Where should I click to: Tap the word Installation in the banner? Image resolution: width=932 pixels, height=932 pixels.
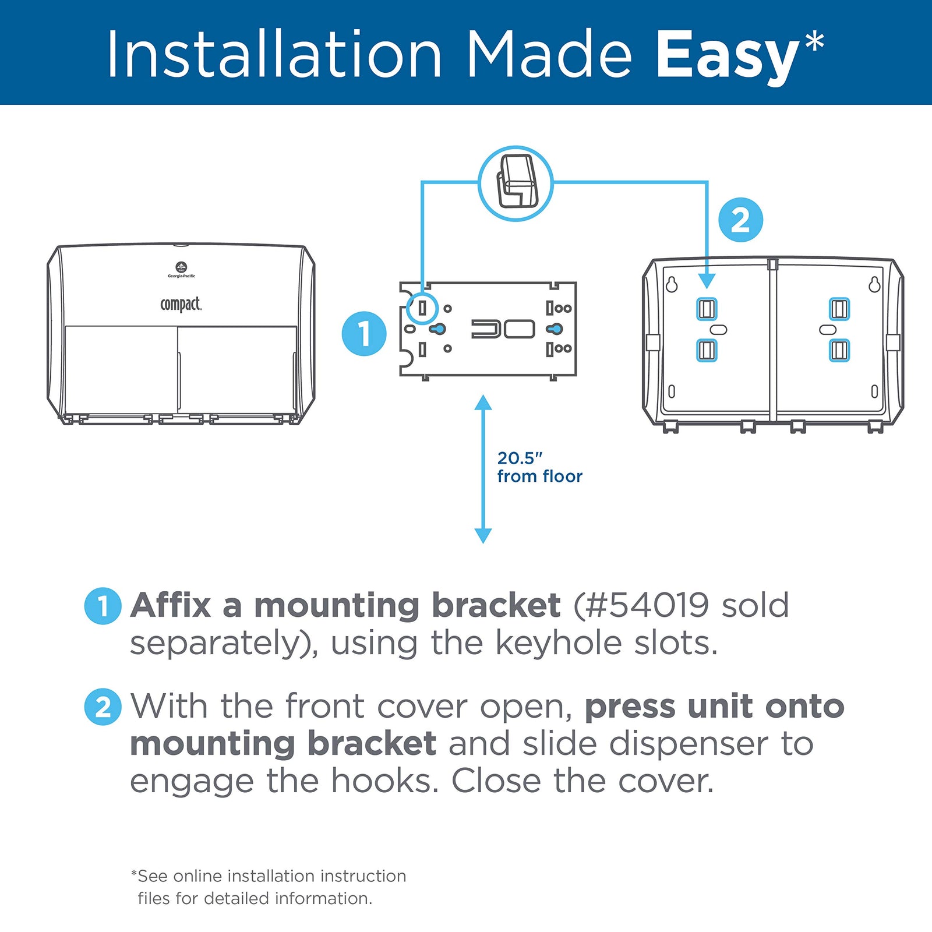(274, 55)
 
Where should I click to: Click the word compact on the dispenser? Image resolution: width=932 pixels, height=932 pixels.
(181, 304)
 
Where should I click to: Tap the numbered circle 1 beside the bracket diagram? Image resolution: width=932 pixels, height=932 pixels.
(364, 333)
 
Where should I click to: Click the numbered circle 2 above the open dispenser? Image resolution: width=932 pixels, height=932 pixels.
(740, 220)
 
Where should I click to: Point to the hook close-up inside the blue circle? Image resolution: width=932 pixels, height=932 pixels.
(516, 183)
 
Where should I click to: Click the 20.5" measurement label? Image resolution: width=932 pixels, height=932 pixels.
(520, 458)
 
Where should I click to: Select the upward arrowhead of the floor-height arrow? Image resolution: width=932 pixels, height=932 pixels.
(483, 403)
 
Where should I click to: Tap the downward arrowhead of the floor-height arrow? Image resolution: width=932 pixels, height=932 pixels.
(483, 535)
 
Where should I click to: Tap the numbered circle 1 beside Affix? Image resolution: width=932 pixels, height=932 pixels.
(103, 606)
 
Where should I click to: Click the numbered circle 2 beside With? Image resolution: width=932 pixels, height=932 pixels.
(103, 707)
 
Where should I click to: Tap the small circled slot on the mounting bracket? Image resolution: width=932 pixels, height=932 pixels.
(422, 308)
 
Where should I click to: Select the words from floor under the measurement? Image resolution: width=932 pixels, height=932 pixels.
(539, 476)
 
